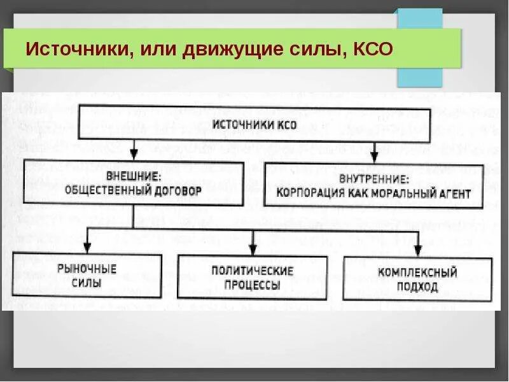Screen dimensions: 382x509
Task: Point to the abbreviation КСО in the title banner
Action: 370,50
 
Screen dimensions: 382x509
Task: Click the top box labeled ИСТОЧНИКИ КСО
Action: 254,124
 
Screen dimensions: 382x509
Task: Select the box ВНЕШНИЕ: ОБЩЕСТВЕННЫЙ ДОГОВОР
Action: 133,183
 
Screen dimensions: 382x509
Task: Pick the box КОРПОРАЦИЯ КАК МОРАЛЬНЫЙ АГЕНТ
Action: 373,186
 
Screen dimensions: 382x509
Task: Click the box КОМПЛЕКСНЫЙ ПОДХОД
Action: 417,279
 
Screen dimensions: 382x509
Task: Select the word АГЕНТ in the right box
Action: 453,194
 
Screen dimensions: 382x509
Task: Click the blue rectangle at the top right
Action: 420,48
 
